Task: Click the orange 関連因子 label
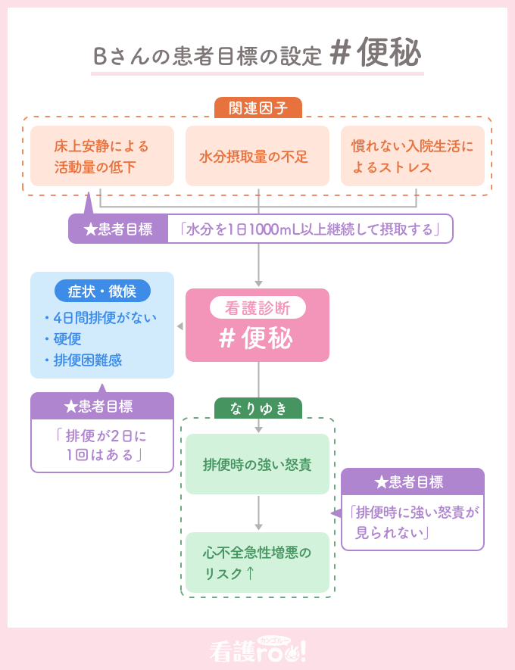[257, 108]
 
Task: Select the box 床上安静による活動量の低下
[101, 157]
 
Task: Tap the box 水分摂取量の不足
[257, 157]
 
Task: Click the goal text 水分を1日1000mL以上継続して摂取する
[311, 229]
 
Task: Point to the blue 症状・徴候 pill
[102, 291]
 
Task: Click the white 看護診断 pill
[257, 308]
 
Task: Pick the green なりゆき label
[257, 408]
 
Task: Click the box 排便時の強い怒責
[257, 464]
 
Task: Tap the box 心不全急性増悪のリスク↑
[257, 562]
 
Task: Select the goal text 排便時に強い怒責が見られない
[413, 522]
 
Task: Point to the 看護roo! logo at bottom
[257, 650]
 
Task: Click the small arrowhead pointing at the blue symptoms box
[179, 326]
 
